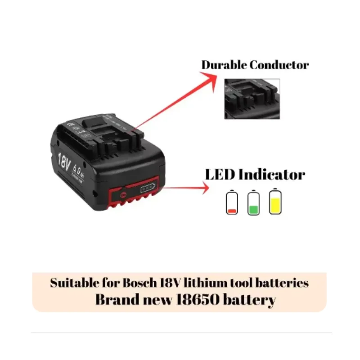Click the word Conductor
coord(279,65)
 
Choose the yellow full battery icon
coord(275,201)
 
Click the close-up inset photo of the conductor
coord(252,99)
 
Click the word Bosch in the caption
coord(139,283)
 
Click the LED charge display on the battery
coord(148,190)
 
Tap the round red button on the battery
coord(123,195)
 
